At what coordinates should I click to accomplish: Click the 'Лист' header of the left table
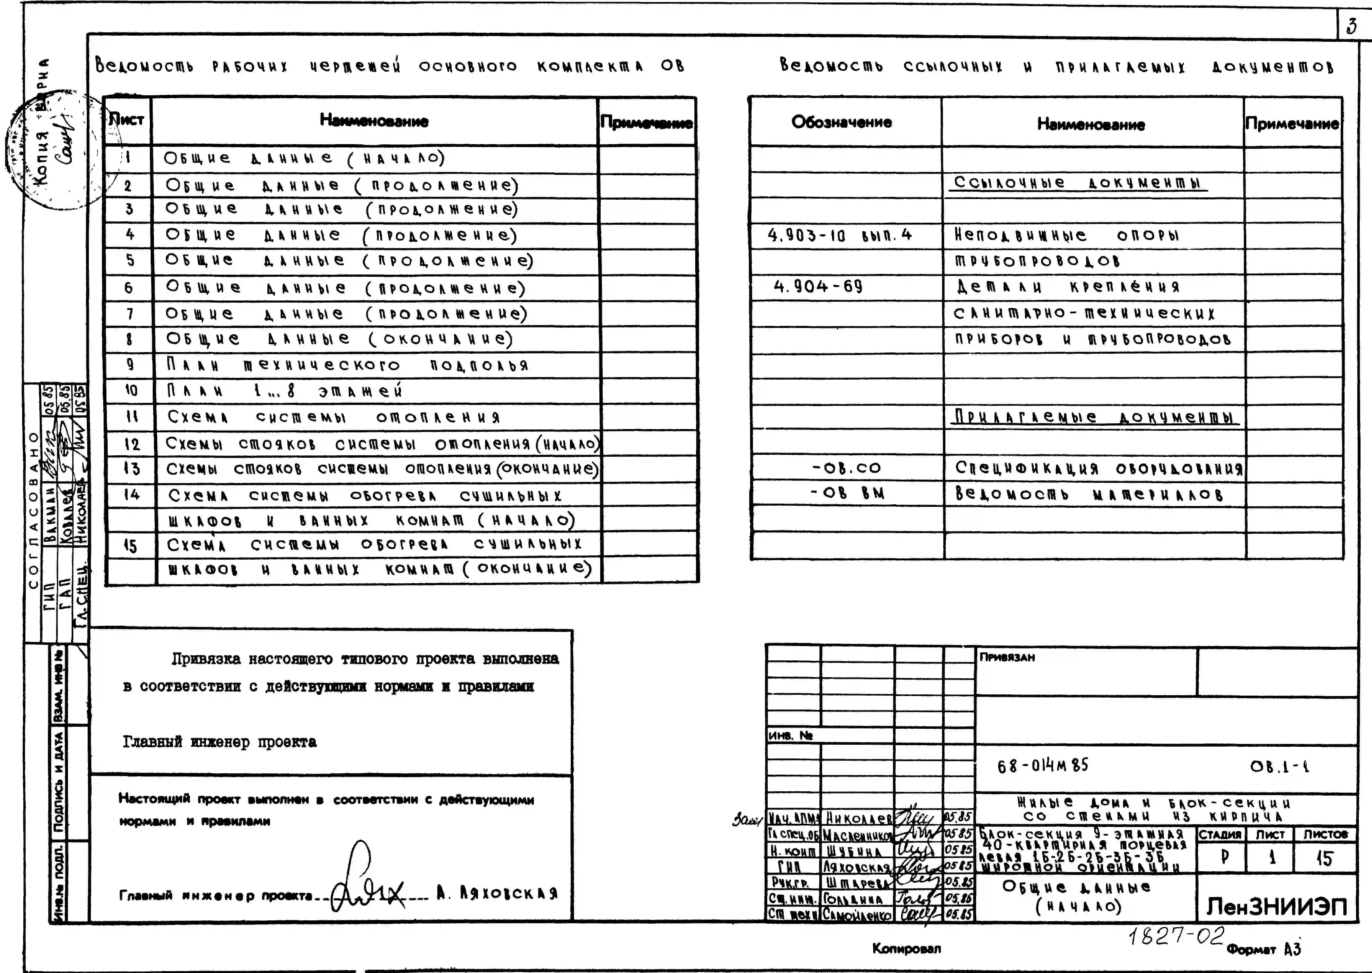click(x=127, y=120)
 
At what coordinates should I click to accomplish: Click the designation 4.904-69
click(x=818, y=286)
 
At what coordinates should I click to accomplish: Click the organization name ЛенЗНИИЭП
click(x=1276, y=906)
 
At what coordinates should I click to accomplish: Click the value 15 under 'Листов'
click(x=1324, y=859)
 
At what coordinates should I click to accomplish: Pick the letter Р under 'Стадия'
click(x=1224, y=857)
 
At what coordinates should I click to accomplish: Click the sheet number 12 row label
click(x=132, y=444)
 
